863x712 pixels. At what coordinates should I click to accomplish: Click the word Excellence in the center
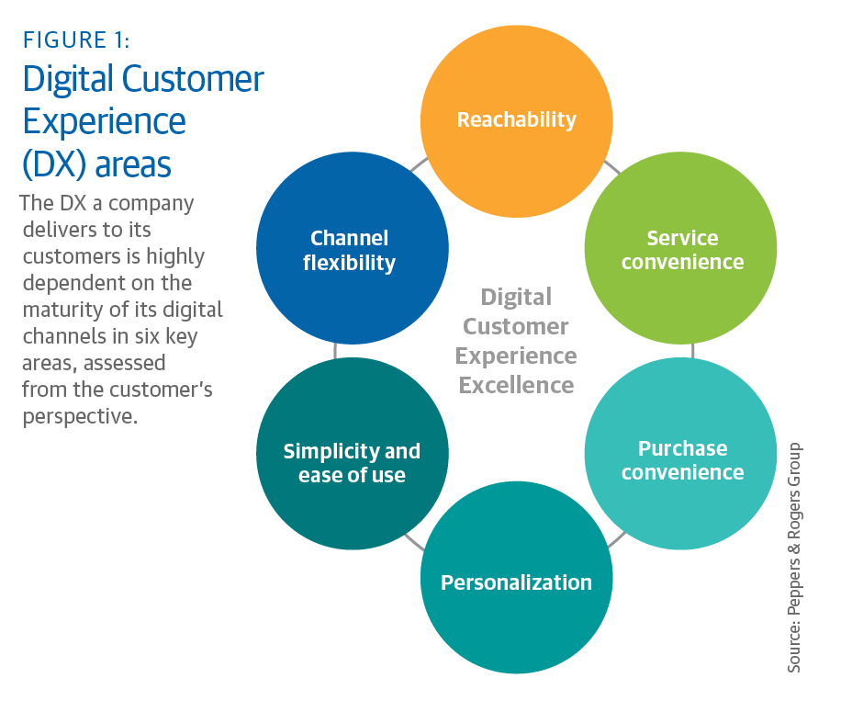517,385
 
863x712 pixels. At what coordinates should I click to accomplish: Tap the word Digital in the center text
516,297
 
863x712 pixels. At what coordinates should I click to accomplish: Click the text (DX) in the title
53,164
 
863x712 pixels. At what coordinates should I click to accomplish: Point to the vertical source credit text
794,558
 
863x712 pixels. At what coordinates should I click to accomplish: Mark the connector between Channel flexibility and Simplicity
336,350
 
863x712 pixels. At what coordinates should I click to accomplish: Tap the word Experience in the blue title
104,122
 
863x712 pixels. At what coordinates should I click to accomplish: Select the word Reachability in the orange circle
516,119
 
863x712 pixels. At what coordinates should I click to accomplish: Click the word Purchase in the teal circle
682,448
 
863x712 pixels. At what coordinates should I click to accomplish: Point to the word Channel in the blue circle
350,238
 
